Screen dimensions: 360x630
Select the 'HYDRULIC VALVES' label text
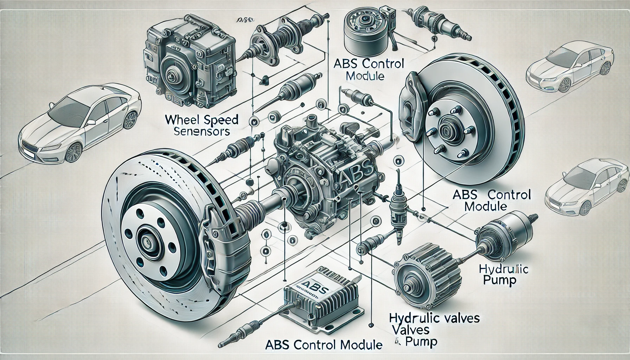434,319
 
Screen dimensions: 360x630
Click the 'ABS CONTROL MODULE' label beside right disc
492,200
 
